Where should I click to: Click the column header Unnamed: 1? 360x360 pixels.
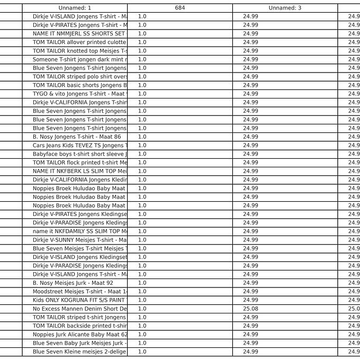tap(75, 8)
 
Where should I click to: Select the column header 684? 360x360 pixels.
tap(179, 8)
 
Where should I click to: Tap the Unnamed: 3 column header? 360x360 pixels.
tap(285, 8)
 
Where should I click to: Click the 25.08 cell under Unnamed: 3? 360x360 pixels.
tap(251, 309)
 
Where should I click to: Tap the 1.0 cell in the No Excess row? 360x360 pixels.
tap(142, 309)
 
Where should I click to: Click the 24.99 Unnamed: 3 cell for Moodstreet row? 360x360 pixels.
tap(251, 291)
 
